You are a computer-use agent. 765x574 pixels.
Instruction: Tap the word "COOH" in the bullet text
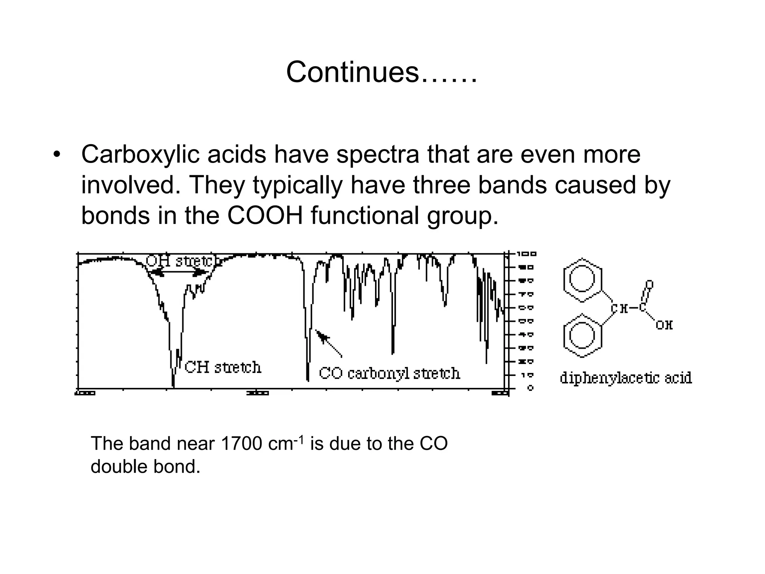[x=265, y=216]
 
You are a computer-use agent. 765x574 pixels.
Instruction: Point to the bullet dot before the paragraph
[x=56, y=155]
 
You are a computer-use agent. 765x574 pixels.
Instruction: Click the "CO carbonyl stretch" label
[x=389, y=373]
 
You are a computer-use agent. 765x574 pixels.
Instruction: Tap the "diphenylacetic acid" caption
[x=626, y=378]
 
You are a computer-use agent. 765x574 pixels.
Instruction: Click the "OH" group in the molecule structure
[x=664, y=325]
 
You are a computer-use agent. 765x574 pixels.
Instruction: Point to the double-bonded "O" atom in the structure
[x=650, y=285]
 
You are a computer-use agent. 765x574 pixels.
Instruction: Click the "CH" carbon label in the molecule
[x=619, y=309]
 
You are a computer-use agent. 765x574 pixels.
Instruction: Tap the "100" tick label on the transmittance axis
[x=527, y=254]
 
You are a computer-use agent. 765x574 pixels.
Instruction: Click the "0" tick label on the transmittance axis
[x=530, y=388]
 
